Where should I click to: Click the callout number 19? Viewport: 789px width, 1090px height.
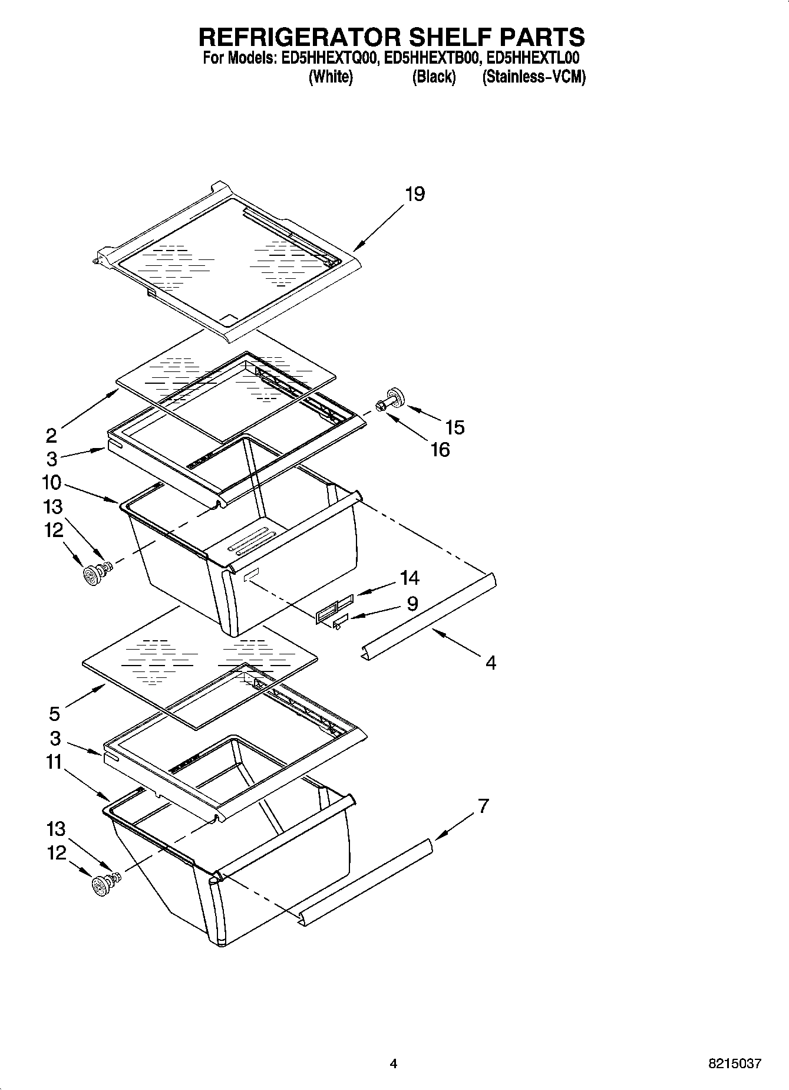(415, 194)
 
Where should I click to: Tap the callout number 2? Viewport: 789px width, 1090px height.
(52, 436)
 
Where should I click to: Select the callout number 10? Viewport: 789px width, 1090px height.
(51, 482)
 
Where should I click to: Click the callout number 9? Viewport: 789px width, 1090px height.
(412, 604)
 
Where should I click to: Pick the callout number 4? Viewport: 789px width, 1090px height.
(490, 663)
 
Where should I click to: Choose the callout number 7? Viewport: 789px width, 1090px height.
(483, 805)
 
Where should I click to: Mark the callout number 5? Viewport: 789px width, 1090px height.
(54, 714)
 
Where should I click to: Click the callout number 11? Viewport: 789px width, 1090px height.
(54, 762)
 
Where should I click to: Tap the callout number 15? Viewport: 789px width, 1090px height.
(455, 427)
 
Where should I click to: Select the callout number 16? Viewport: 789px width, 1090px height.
(440, 450)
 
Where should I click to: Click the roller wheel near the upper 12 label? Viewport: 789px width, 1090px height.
(91, 575)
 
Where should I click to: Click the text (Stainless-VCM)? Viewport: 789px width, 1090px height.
(534, 77)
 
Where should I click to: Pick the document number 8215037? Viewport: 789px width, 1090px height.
(734, 1065)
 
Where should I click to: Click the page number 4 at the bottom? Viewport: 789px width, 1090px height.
(393, 1064)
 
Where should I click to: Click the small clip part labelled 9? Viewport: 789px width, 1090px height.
(340, 621)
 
